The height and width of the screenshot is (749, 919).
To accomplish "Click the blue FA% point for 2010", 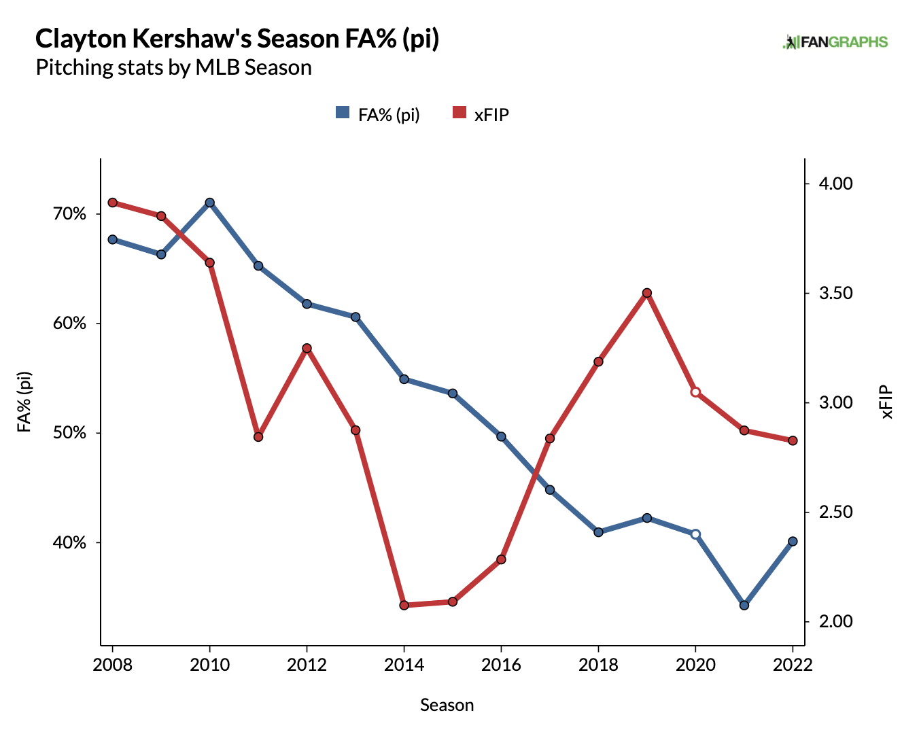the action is [x=209, y=203].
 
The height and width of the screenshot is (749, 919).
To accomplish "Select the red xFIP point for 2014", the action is [x=404, y=606].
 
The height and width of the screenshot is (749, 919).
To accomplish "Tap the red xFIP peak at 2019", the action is [x=646, y=293].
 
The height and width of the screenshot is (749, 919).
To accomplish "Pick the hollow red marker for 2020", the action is [x=695, y=392].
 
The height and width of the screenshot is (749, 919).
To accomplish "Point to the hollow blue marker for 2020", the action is [x=695, y=534].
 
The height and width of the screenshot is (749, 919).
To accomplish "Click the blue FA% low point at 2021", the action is [x=744, y=606].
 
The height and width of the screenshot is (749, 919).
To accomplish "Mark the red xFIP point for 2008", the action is [x=113, y=203].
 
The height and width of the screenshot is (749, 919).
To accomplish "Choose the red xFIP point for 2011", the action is [x=258, y=437].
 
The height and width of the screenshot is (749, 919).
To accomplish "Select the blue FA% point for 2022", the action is [x=793, y=542].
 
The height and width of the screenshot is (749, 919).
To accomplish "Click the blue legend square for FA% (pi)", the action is [x=343, y=113].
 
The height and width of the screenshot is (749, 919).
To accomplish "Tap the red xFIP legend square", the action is [x=459, y=113].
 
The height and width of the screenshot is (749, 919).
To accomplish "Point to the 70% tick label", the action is [x=69, y=214].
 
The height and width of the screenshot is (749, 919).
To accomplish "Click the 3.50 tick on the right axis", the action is [x=835, y=294].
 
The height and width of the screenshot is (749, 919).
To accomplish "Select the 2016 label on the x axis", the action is [x=501, y=665].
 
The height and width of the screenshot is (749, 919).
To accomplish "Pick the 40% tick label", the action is [x=69, y=542].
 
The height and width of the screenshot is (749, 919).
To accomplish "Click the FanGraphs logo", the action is [x=835, y=42].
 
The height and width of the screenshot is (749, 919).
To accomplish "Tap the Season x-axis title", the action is [x=447, y=705].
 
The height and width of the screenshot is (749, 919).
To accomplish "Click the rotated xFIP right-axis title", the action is [x=886, y=402].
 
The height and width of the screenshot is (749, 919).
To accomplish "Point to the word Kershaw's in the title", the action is [x=192, y=38].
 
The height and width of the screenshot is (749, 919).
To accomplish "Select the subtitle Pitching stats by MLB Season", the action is [x=174, y=68].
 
